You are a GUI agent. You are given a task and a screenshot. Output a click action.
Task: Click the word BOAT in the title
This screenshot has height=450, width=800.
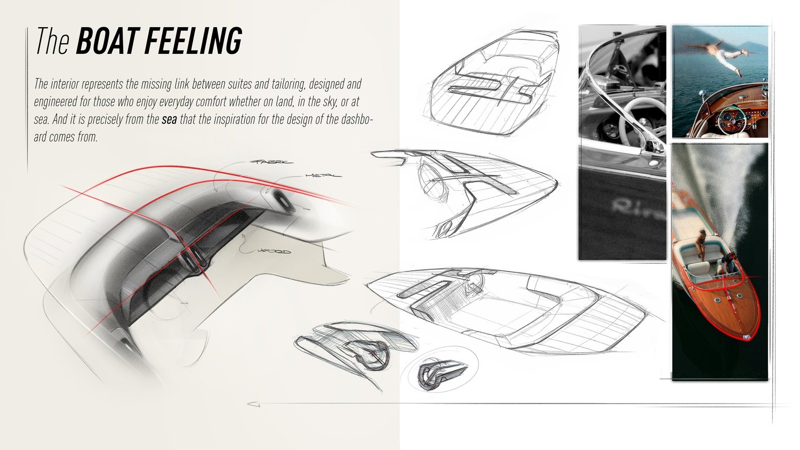[107, 41]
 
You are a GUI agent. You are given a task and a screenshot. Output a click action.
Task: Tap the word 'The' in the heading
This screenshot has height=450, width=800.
[52, 41]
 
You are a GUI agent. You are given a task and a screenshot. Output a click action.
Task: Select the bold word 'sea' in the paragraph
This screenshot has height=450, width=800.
[169, 119]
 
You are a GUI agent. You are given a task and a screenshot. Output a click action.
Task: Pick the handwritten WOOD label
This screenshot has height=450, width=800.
[274, 251]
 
